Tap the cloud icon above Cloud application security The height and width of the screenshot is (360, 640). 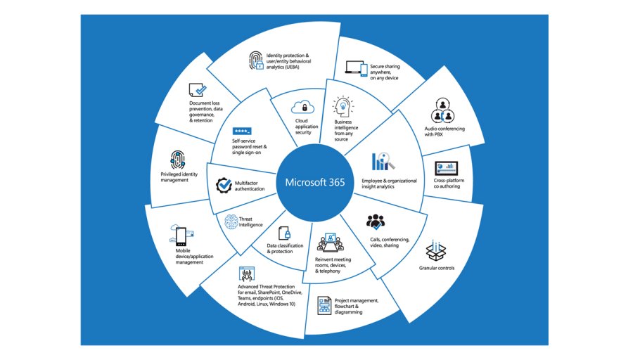point(305,107)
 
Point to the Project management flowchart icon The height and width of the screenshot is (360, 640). point(325,306)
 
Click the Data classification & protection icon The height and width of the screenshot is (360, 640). point(284,234)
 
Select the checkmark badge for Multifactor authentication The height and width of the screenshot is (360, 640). point(224,185)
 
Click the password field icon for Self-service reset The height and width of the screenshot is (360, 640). point(242,131)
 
